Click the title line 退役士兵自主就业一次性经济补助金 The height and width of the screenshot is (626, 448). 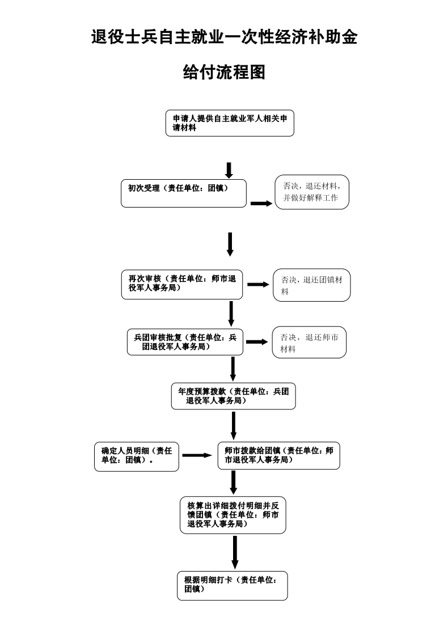click(x=224, y=38)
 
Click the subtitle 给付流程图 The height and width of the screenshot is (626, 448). click(x=224, y=72)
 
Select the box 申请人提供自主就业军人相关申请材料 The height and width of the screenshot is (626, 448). click(x=230, y=123)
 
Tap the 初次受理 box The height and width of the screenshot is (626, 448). click(x=184, y=193)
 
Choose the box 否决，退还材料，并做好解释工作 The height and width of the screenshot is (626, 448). click(x=311, y=192)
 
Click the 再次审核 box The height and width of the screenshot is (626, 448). click(x=182, y=285)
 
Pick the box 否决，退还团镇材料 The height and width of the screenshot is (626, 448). click(x=311, y=285)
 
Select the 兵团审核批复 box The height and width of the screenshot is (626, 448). click(x=185, y=341)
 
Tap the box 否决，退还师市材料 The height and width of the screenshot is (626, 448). click(x=309, y=342)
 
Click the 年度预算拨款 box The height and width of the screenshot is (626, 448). click(x=233, y=396)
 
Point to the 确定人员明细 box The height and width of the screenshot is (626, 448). click(x=136, y=456)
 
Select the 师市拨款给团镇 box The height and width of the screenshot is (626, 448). click(x=278, y=456)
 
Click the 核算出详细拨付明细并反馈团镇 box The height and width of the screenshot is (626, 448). click(x=233, y=515)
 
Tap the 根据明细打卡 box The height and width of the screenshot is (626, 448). click(x=232, y=585)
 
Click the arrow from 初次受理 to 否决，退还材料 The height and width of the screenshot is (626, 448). click(x=261, y=204)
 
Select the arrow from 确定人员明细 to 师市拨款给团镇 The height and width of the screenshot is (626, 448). click(x=197, y=455)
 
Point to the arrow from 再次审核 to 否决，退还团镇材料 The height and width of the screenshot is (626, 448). click(x=258, y=284)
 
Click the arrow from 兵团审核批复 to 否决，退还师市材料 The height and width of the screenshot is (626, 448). click(x=256, y=342)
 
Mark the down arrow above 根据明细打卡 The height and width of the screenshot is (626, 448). click(x=235, y=552)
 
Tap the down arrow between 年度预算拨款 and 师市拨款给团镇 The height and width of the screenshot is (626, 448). click(x=234, y=425)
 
